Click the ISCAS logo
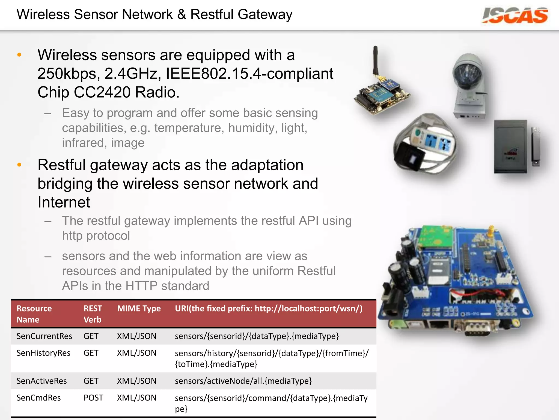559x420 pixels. point(515,16)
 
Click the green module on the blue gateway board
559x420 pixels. point(434,237)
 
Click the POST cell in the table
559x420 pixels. point(93,398)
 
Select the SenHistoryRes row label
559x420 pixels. point(43,353)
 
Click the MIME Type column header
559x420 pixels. point(139,309)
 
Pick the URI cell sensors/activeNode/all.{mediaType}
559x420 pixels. point(243,381)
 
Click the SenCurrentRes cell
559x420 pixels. point(44,336)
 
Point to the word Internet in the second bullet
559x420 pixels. point(64,202)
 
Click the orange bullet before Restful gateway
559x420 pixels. point(19,165)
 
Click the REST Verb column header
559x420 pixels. point(93,314)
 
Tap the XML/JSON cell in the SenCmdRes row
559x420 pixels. point(136,398)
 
